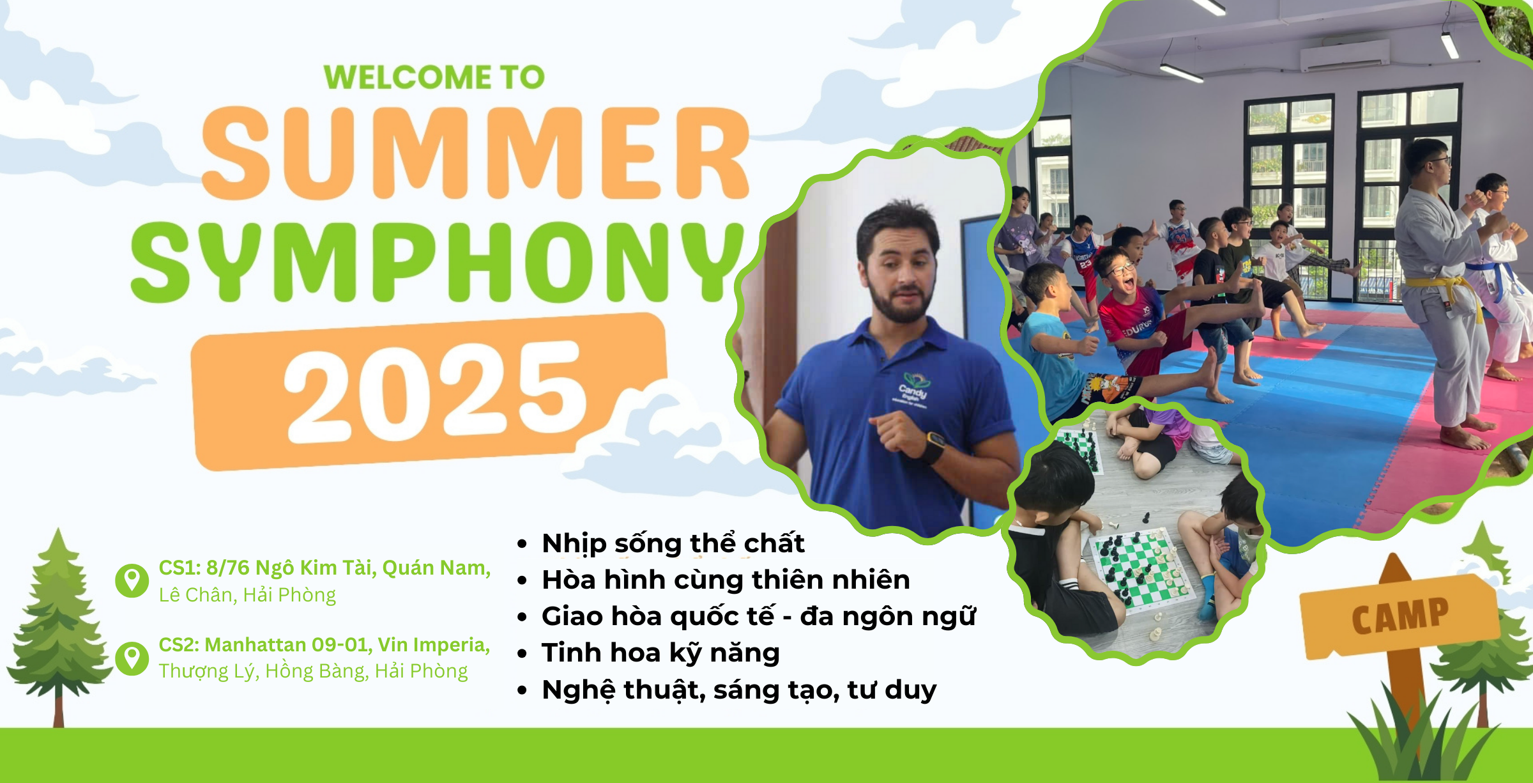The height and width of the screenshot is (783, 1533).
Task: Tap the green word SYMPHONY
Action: (x=438, y=262)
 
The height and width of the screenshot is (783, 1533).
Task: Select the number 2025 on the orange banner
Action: (x=435, y=391)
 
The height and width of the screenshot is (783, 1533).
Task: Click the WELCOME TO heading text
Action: (x=434, y=77)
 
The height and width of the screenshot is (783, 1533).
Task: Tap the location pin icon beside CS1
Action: (x=132, y=580)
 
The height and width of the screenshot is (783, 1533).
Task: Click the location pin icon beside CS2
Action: (x=132, y=658)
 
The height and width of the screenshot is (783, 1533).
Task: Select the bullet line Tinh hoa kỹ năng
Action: (x=660, y=653)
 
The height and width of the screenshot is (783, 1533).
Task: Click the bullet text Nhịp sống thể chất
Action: (x=673, y=543)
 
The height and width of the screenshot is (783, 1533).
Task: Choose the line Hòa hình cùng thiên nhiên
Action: (x=726, y=580)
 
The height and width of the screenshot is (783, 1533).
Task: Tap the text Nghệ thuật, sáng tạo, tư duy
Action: (x=739, y=690)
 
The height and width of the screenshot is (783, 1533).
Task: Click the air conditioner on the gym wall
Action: (x=1345, y=55)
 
